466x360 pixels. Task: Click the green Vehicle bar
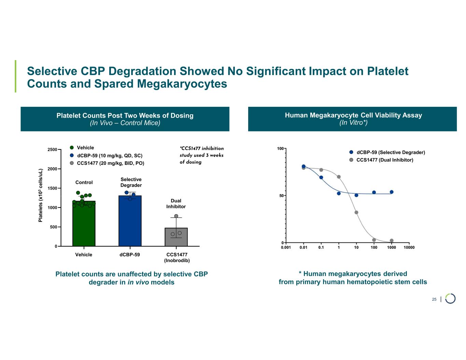click(x=84, y=225)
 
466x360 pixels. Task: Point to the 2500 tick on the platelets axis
click(x=52, y=149)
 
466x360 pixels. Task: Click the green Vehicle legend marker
click(x=72, y=148)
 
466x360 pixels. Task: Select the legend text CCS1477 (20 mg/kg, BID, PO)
click(x=111, y=163)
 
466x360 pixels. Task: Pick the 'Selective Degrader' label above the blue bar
click(x=131, y=182)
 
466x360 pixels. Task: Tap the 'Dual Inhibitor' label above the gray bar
click(x=176, y=204)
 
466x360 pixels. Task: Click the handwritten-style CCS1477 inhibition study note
click(x=201, y=155)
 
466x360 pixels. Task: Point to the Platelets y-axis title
click(x=41, y=195)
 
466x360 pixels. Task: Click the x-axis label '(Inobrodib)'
click(x=177, y=261)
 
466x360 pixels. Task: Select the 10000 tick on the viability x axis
click(x=409, y=247)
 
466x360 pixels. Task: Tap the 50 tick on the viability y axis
click(x=281, y=196)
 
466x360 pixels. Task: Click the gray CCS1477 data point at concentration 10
click(x=356, y=212)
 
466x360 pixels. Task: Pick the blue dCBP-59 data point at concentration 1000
click(x=392, y=192)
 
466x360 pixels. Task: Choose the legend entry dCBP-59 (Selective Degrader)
click(x=391, y=153)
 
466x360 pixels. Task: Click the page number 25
click(x=434, y=299)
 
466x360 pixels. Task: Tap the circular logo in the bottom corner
click(x=450, y=299)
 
